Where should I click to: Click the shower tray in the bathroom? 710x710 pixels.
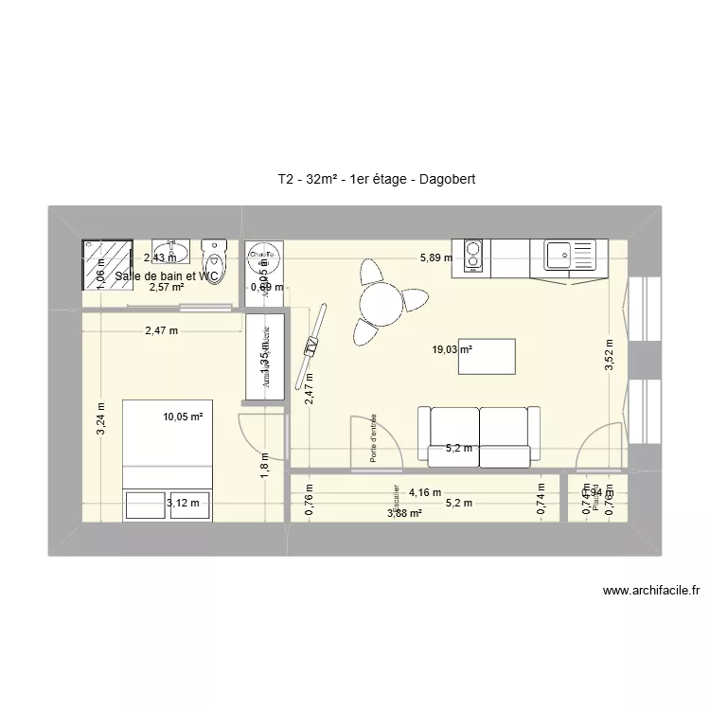point(106,264)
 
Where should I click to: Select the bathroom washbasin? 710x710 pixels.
point(182,252)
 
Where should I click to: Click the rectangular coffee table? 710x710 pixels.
point(487,356)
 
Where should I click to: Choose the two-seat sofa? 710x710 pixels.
point(480,434)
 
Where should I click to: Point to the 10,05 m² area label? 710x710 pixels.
point(184,415)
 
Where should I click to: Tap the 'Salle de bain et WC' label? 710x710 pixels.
point(167,276)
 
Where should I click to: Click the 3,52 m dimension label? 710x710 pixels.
point(611,355)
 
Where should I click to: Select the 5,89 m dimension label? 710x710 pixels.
point(436,257)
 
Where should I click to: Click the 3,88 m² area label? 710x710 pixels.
point(404,514)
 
